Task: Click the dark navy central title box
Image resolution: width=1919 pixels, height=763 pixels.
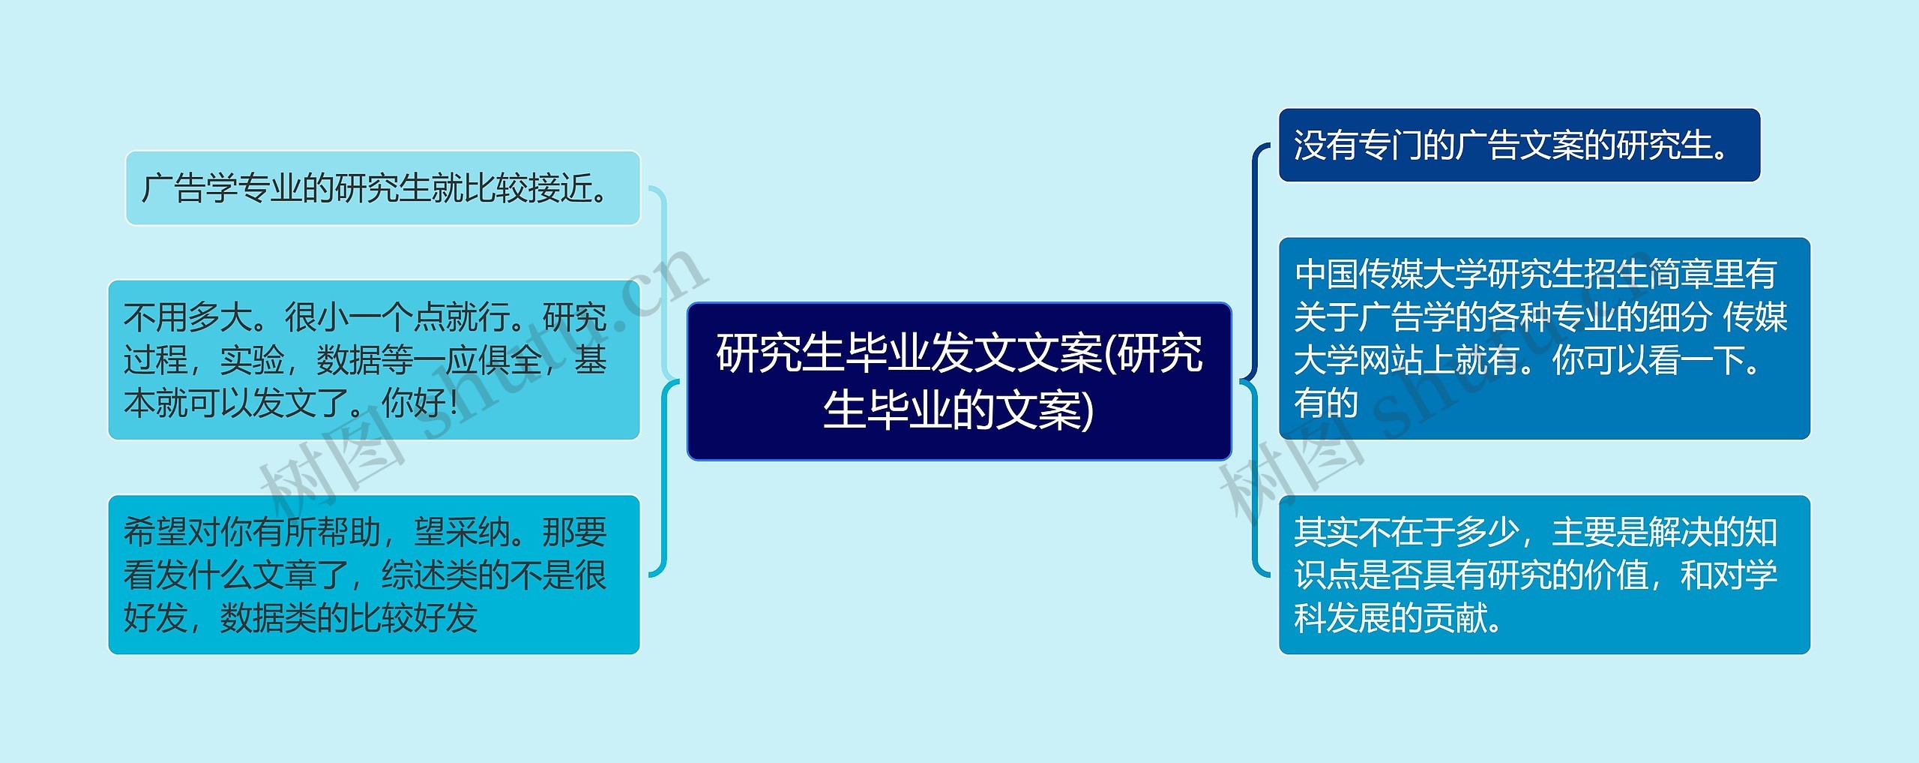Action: (x=959, y=381)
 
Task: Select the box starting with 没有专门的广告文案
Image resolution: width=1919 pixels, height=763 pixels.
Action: (x=1519, y=146)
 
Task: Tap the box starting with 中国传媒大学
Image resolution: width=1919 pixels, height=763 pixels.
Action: (x=1544, y=338)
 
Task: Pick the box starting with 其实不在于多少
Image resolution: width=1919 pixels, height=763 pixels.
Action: (x=1544, y=575)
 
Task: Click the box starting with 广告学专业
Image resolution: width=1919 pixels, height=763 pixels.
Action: (x=382, y=188)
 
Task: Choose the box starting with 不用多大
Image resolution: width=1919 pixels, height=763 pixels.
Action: (x=373, y=360)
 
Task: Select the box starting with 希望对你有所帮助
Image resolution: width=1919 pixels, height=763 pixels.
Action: (x=373, y=575)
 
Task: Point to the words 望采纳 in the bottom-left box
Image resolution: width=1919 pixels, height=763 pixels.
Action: (x=462, y=532)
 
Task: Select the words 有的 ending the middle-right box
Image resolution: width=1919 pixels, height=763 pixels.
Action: (x=1326, y=403)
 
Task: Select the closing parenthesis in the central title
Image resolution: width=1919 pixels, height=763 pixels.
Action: (x=1088, y=411)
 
